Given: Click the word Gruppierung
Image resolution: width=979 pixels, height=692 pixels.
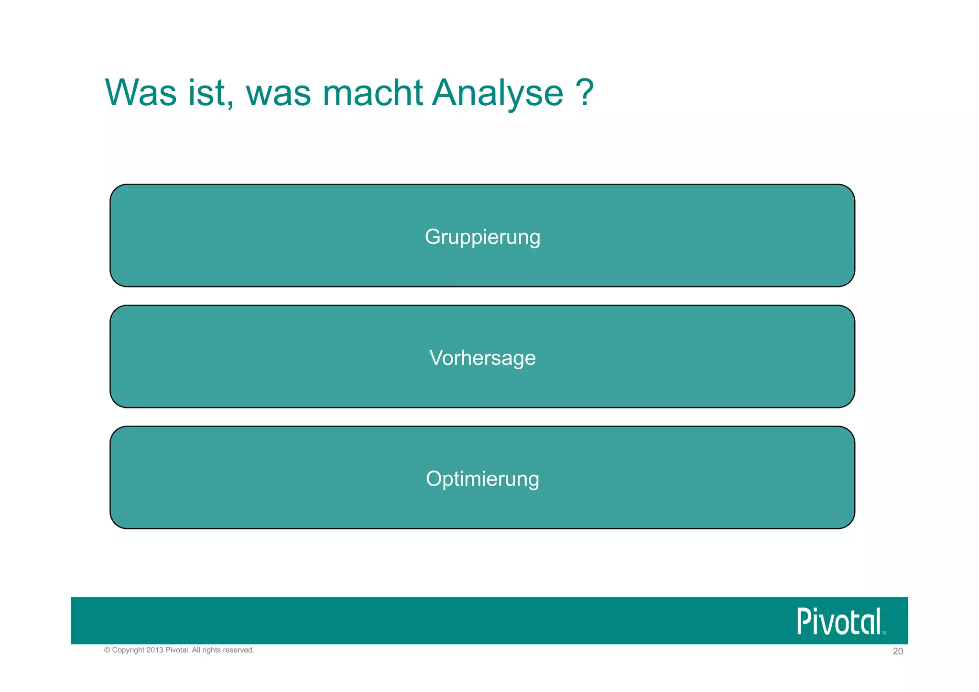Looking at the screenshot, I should click(x=482, y=237).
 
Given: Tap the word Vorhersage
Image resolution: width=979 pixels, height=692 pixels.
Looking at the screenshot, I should click(x=482, y=358).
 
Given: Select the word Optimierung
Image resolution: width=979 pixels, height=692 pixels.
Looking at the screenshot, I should click(x=482, y=479).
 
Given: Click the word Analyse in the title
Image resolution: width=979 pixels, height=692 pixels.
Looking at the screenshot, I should click(x=497, y=93).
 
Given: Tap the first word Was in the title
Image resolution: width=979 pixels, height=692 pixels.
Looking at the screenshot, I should click(x=141, y=93).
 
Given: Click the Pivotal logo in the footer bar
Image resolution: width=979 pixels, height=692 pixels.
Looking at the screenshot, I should click(x=839, y=622).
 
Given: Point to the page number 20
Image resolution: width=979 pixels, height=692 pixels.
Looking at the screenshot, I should click(x=898, y=652).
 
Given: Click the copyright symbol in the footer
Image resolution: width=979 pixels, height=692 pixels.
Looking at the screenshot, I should click(x=107, y=650).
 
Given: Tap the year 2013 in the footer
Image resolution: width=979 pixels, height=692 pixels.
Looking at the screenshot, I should click(x=155, y=650).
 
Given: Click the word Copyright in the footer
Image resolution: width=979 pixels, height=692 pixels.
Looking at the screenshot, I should click(x=128, y=650).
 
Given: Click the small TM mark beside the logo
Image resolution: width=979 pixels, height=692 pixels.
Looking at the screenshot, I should click(x=884, y=633).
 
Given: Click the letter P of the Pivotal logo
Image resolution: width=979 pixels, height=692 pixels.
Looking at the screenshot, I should click(x=804, y=622).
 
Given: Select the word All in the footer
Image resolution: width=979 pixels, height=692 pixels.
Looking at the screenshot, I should click(x=196, y=650).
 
